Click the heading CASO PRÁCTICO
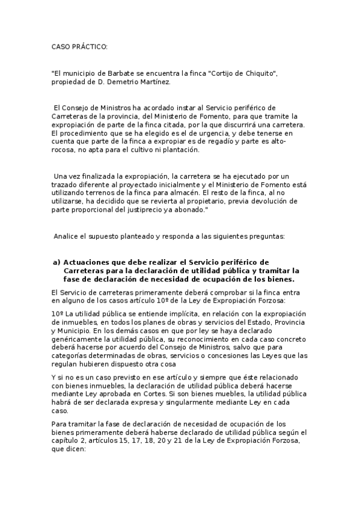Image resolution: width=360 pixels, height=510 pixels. tap(79, 47)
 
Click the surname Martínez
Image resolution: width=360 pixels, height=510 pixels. tap(155, 82)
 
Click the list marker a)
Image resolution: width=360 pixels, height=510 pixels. tap(57, 263)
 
